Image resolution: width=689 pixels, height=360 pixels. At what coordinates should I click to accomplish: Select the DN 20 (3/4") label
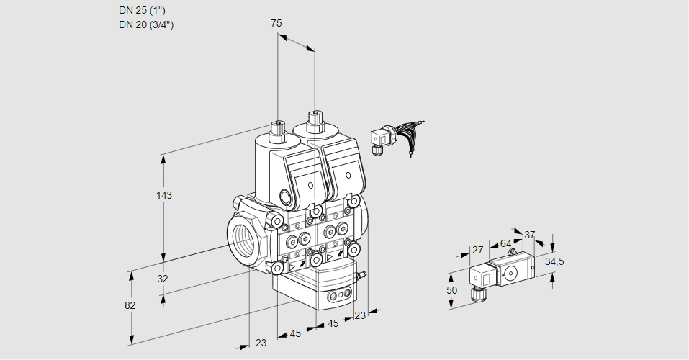click(x=146, y=24)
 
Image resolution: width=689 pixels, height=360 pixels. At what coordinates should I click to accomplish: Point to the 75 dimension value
click(x=276, y=23)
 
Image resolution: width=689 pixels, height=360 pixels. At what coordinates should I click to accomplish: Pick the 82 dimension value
click(x=130, y=305)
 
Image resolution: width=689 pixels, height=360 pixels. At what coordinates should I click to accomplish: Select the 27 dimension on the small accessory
click(x=477, y=250)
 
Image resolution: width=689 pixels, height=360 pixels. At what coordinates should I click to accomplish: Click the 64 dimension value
click(x=505, y=243)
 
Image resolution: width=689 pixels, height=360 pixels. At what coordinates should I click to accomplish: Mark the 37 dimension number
click(x=530, y=235)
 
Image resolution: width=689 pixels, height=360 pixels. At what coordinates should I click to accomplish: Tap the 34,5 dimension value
click(x=554, y=261)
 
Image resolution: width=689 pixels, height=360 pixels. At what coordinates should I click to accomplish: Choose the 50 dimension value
click(x=451, y=290)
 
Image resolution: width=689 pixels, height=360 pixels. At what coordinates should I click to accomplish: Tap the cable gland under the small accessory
click(x=476, y=293)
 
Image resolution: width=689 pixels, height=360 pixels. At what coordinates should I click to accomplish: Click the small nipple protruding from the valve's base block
click(x=363, y=274)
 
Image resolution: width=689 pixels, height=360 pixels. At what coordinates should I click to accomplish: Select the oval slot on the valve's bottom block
click(x=338, y=295)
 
